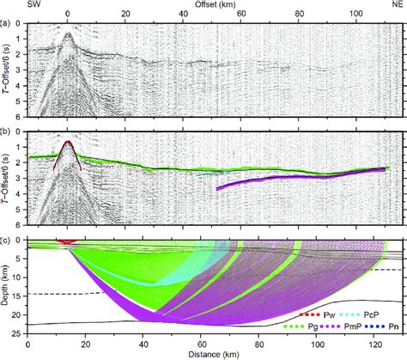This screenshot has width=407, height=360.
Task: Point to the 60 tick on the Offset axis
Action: tap(243, 15)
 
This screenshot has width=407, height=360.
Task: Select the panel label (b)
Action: tap(6, 132)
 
